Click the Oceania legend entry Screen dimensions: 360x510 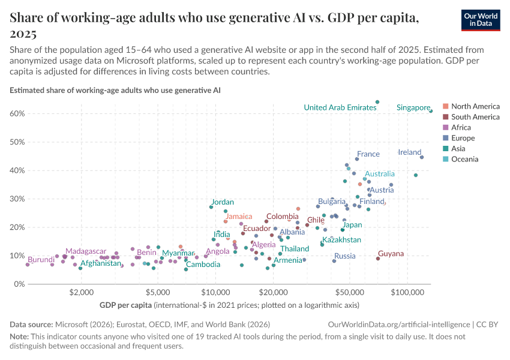[x=464, y=159]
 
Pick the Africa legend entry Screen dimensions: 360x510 [x=461, y=127]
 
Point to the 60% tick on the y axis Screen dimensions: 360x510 [x=16, y=113]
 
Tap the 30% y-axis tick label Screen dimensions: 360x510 [x=16, y=199]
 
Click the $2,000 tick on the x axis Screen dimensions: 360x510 [x=80, y=293]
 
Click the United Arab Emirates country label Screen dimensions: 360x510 [x=340, y=107]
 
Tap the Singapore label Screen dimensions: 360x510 [x=413, y=107]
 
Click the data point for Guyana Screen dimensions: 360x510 [x=378, y=259]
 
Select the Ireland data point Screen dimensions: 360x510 [x=422, y=157]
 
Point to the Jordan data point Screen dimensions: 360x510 [x=211, y=207]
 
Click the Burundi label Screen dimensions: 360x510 [x=41, y=260]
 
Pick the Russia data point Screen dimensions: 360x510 [x=334, y=261]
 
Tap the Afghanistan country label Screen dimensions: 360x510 [x=101, y=263]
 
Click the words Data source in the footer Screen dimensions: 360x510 [x=31, y=324]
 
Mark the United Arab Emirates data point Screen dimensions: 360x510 [x=377, y=102]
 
